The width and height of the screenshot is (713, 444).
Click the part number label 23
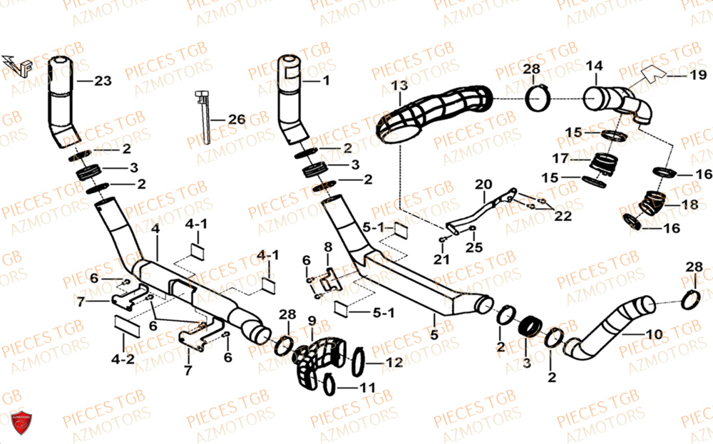click(x=103, y=81)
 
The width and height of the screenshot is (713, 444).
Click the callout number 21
click(x=442, y=258)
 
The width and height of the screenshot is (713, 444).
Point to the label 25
click(x=474, y=247)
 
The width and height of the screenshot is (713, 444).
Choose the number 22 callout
click(x=563, y=216)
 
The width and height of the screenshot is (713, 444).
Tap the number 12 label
click(x=394, y=363)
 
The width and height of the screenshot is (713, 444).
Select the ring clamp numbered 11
click(x=329, y=385)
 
